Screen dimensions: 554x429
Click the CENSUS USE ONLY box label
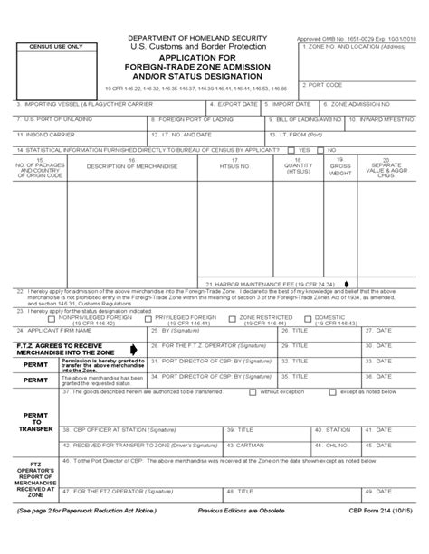(x=56, y=46)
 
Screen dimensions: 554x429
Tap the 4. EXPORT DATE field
(x=237, y=108)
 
